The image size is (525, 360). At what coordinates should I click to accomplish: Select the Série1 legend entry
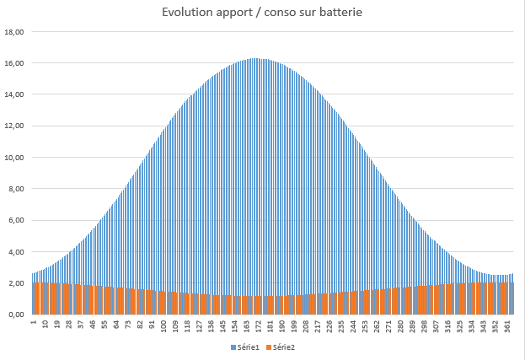pos(247,347)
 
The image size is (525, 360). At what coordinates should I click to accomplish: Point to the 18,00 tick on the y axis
pos(13,32)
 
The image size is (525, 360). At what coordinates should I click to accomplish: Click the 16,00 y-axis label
pos(13,63)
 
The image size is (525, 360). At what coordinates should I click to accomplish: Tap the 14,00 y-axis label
pos(13,94)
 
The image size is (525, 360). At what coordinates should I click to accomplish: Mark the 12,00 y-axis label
pos(13,126)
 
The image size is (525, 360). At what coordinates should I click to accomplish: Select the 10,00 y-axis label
pos(13,158)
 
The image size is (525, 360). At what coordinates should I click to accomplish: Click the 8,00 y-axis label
pos(16,189)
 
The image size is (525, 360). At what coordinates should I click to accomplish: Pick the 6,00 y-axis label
pos(16,220)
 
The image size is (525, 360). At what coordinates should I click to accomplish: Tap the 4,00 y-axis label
pos(16,252)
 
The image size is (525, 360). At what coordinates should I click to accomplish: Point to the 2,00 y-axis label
pos(16,283)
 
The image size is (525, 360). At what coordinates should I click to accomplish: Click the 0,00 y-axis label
pos(16,314)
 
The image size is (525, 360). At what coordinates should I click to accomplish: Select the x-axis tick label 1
pos(34,322)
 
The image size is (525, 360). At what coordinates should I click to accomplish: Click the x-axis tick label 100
pos(163,325)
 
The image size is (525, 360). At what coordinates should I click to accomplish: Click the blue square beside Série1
pos(233,347)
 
